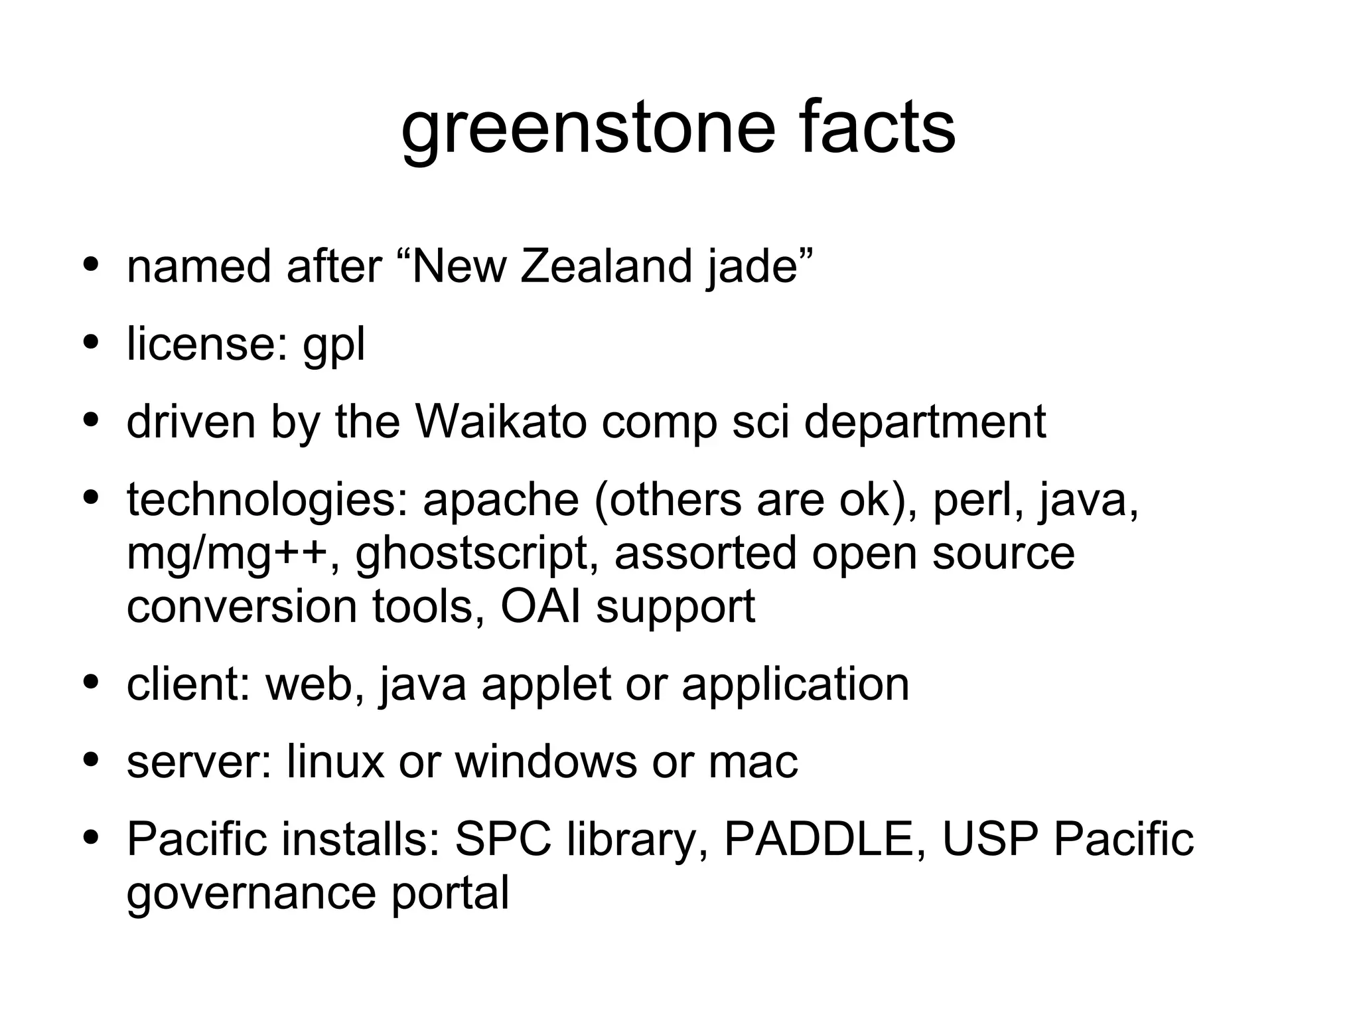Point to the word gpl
coord(333,345)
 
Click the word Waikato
coord(500,422)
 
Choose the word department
coord(924,423)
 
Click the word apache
coord(500,500)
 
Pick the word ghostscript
coord(472,554)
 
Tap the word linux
coord(335,761)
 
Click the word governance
coord(251,893)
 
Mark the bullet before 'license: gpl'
coord(91,345)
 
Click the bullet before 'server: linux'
coord(91,761)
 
